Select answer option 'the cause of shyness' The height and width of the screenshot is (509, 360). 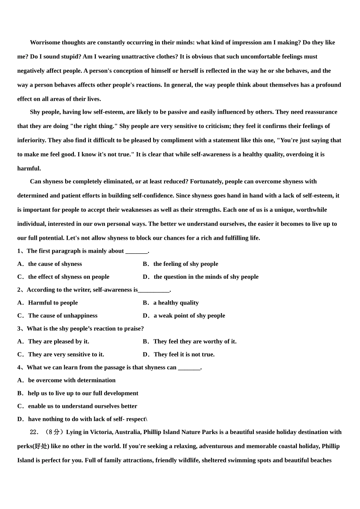pyautogui.click(x=55, y=264)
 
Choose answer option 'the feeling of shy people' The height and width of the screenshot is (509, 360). pyautogui.click(x=186, y=264)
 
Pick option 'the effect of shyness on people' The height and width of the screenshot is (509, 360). pyautogui.click(x=69, y=277)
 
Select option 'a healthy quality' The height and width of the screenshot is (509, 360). pyautogui.click(x=176, y=303)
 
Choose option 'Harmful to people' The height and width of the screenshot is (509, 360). pyautogui.click(x=53, y=303)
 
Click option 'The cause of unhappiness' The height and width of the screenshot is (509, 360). pyautogui.click(x=63, y=315)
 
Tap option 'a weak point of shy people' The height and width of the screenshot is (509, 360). pyautogui.click(x=189, y=315)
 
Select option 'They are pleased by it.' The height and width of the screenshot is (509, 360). pyautogui.click(x=58, y=342)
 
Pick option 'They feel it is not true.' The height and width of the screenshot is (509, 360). pyautogui.click(x=184, y=354)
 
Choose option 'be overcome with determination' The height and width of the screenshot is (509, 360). pyautogui.click(x=72, y=380)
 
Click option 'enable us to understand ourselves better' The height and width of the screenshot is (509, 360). pyautogui.click(x=82, y=406)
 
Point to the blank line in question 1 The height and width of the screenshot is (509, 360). pyautogui.click(x=136, y=251)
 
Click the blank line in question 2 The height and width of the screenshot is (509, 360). pyautogui.click(x=154, y=290)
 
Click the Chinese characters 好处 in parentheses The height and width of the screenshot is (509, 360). pyautogui.click(x=41, y=446)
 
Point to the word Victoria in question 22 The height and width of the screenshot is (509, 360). pyautogui.click(x=100, y=432)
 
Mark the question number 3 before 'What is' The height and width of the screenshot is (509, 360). pyautogui.click(x=19, y=329)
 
